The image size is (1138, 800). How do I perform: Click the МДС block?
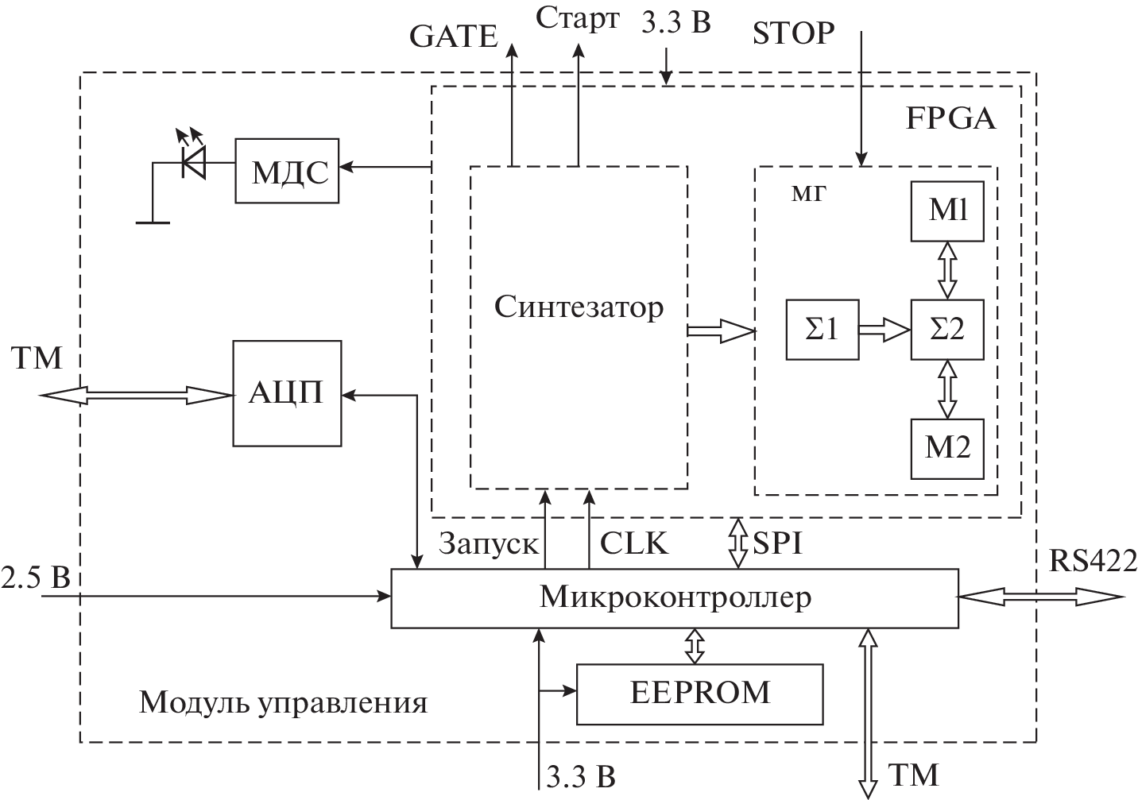288,171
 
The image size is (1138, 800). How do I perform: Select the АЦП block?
287,392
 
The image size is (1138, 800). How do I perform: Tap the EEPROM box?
699,693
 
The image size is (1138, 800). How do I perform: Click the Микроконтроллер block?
675,597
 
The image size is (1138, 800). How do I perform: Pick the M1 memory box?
947,211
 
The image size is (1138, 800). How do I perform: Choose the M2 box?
947,447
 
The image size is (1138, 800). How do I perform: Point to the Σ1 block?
822,329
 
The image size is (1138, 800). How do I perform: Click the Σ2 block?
947,329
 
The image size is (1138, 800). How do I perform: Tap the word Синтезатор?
579,307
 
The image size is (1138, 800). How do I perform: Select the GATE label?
453,36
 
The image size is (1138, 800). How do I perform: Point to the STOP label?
793,33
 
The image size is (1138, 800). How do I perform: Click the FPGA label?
950,119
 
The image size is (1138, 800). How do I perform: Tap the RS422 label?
1093,559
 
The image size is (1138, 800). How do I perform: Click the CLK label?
633,543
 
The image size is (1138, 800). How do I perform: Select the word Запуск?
489,543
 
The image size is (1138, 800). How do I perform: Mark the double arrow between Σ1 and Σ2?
884,329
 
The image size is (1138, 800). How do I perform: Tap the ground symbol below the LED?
153,222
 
